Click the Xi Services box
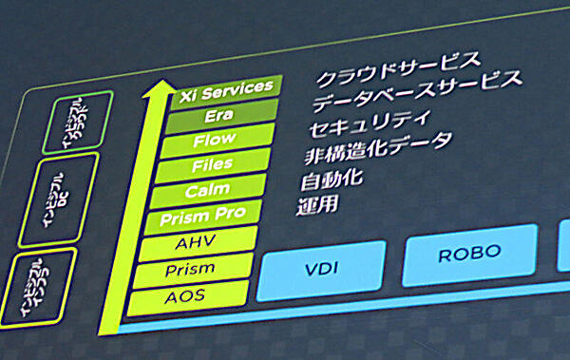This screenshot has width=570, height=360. pyautogui.click(x=225, y=86)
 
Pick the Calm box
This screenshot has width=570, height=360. pyautogui.click(x=208, y=191)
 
